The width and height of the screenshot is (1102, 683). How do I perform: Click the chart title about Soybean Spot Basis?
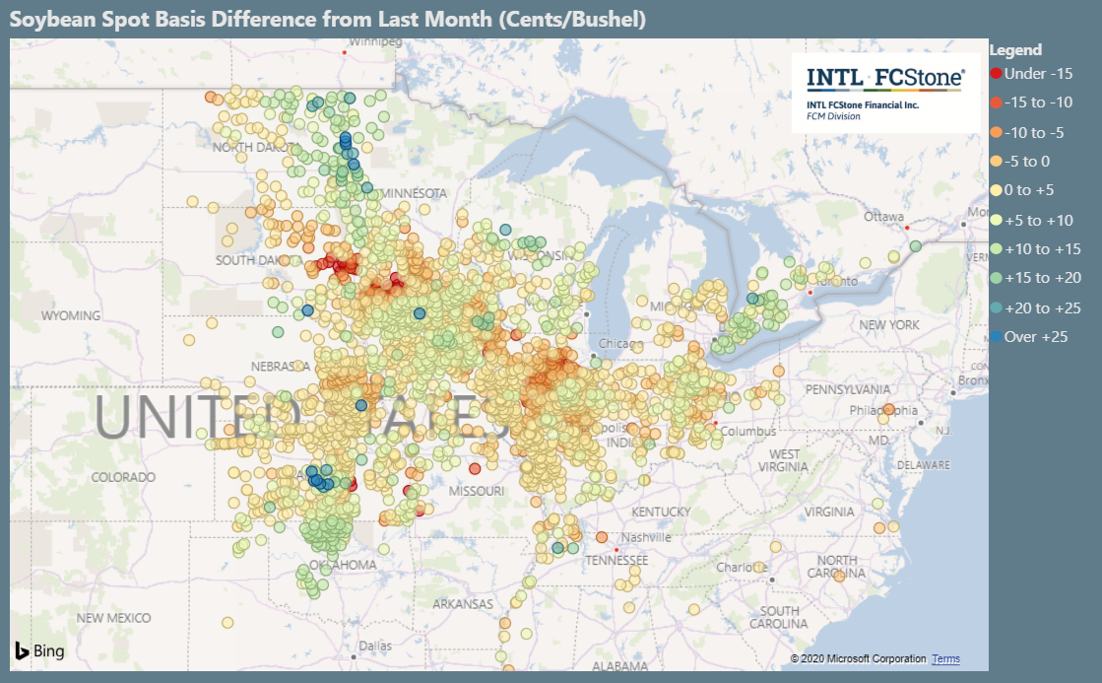(328, 20)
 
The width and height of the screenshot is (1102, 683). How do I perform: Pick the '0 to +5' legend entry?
(1032, 190)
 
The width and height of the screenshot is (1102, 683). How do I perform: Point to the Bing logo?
(39, 650)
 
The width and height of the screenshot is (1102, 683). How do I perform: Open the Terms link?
(945, 658)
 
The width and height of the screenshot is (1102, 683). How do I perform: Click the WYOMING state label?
(70, 316)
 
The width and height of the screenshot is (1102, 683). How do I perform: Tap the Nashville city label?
(647, 537)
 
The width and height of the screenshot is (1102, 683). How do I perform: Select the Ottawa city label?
(883, 216)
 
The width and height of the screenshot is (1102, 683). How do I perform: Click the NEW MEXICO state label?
(114, 618)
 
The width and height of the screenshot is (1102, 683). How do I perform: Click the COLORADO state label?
(123, 477)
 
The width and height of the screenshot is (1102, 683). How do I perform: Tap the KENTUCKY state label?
(661, 512)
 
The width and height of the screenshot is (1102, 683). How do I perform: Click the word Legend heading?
(1014, 50)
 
